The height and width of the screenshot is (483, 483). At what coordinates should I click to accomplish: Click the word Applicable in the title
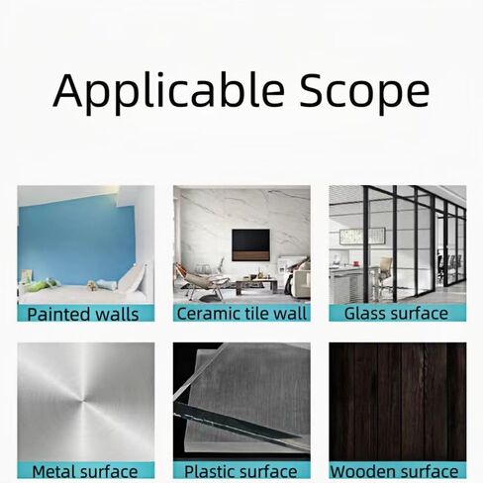[x=168, y=91]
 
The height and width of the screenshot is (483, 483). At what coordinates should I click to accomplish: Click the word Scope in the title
[x=364, y=92]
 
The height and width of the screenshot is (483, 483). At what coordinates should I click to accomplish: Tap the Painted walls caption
[x=83, y=314]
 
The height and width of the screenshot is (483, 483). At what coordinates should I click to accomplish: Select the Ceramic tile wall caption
[x=241, y=314]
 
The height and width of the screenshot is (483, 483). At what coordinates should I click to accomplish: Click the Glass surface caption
[x=396, y=314]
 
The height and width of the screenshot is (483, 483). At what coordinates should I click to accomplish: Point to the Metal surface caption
[x=85, y=471]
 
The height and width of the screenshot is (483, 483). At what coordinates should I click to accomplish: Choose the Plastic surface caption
[x=241, y=471]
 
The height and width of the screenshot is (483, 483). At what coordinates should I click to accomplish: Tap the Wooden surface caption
[x=394, y=471]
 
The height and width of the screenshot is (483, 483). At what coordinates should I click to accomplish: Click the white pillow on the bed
[x=132, y=279]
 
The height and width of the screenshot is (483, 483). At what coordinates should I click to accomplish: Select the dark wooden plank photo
[x=398, y=402]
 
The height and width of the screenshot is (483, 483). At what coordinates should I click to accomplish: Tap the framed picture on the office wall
[x=362, y=237]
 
